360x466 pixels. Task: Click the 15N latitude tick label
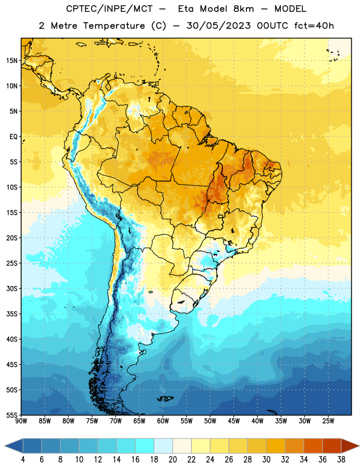click(x=11, y=61)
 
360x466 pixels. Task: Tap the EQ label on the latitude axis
click(x=13, y=137)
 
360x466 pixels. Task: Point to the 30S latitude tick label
click(x=12, y=288)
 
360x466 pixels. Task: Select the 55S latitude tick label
click(x=12, y=415)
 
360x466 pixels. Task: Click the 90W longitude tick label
click(x=21, y=421)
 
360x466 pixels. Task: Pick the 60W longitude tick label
click(x=163, y=421)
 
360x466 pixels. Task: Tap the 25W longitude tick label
click(x=328, y=421)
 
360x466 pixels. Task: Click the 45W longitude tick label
click(x=234, y=421)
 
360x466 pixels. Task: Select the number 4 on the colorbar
click(x=23, y=460)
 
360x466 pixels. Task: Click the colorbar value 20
click(x=172, y=460)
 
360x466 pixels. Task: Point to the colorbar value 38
click(x=341, y=460)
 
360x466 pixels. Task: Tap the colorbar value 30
click(x=266, y=460)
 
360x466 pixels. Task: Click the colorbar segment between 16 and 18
click(x=144, y=446)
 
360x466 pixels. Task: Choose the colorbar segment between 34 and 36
click(x=313, y=446)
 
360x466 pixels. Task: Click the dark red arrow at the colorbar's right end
click(x=350, y=446)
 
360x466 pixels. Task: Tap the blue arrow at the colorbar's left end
click(x=14, y=446)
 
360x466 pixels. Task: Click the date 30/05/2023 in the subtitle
click(x=218, y=26)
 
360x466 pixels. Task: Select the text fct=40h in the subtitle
click(x=314, y=26)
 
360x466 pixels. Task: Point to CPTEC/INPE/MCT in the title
click(x=110, y=9)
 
